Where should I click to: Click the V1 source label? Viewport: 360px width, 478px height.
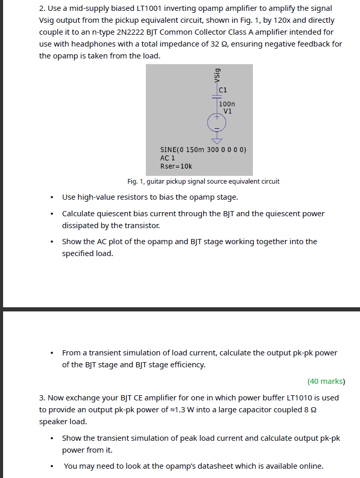228,111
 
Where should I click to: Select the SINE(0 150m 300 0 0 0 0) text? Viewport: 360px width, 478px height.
203,150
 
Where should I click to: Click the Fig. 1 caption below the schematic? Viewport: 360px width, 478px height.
203,182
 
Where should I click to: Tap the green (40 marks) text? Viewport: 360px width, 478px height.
326,381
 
